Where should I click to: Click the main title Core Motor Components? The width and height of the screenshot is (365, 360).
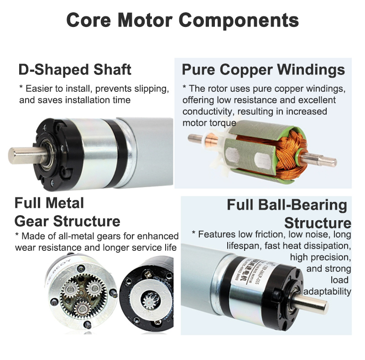tap(182, 20)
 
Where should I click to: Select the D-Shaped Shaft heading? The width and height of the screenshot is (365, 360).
tap(75, 70)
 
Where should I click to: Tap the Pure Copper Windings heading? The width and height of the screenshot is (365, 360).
tap(263, 70)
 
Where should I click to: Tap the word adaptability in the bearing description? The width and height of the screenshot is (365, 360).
tap(327, 291)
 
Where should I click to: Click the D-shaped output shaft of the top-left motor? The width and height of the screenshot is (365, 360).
tap(21, 154)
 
